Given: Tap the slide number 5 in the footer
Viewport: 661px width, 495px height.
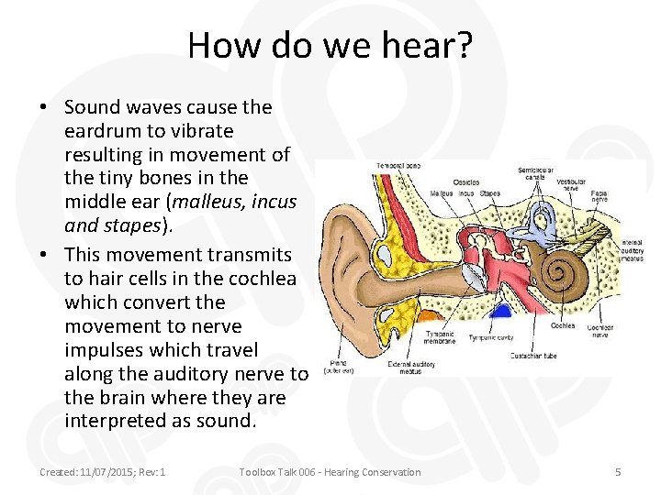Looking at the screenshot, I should (x=618, y=472).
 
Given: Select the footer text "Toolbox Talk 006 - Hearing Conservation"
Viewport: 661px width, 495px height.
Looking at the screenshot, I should (x=330, y=472).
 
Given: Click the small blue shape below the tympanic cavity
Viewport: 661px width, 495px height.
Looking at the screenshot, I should (x=503, y=312).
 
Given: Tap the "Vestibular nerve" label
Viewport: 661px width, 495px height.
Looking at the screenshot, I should (x=573, y=184).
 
